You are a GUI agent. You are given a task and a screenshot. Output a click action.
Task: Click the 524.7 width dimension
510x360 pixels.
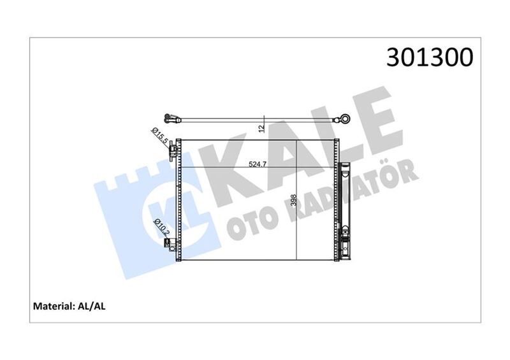[x=258, y=164]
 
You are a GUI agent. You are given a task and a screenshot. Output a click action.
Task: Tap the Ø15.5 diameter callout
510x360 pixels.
[x=159, y=134]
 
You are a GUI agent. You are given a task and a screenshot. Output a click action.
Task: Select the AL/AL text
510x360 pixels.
[x=92, y=306]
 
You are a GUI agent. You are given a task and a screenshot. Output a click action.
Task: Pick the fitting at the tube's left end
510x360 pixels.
[x=170, y=117]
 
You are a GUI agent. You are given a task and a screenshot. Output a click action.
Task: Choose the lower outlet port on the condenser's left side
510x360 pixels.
[x=173, y=246]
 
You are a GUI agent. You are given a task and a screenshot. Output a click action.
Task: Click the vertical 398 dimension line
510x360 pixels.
[x=297, y=210]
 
